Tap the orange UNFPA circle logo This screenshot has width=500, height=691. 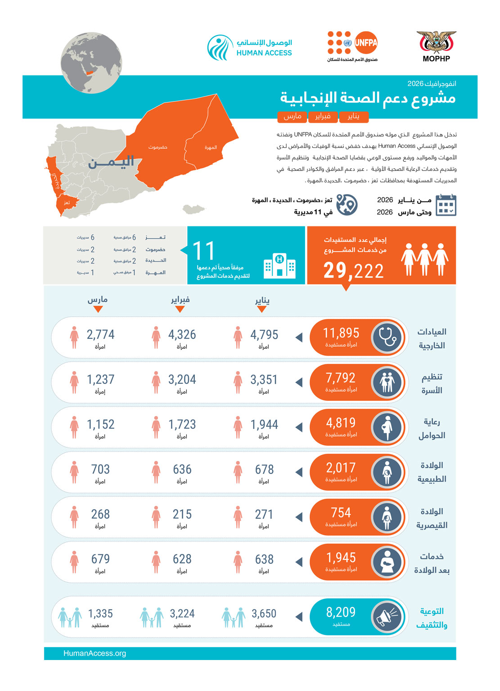click(366, 43)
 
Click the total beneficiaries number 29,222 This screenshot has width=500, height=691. click(353, 271)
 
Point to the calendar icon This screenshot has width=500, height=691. click(446, 205)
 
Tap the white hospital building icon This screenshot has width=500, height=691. click(279, 266)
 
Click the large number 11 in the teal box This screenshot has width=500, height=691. click(203, 251)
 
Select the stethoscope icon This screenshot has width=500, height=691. click(387, 337)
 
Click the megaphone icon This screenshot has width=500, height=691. click(387, 616)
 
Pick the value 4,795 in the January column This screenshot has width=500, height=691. click(264, 335)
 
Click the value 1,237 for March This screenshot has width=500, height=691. click(100, 380)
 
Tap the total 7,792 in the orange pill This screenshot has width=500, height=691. click(341, 378)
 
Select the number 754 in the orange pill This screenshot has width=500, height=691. click(341, 513)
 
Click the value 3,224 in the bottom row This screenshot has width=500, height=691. click(182, 614)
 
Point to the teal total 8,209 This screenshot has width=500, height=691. click(341, 612)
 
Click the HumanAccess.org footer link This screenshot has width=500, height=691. click(95, 653)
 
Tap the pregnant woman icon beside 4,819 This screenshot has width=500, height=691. click(387, 427)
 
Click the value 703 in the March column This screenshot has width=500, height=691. click(100, 470)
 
